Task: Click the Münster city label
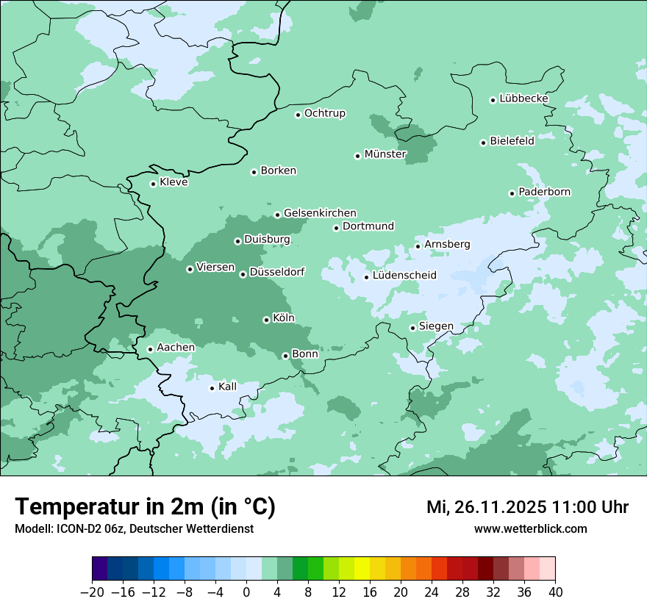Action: (385, 154)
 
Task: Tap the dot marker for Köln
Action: (266, 320)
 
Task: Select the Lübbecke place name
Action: (523, 98)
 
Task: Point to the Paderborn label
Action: (544, 192)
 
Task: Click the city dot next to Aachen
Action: (150, 349)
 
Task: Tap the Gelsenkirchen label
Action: (320, 213)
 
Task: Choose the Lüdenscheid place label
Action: (404, 276)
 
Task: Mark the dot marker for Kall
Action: (212, 388)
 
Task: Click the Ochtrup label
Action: (324, 113)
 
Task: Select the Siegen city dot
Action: (412, 328)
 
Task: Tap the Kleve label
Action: (174, 182)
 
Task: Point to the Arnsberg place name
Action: (447, 244)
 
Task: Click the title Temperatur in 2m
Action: (145, 507)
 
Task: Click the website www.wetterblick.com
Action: (530, 528)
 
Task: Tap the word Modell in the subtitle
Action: (32, 528)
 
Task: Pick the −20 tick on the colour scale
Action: (92, 592)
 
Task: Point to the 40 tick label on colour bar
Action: (555, 592)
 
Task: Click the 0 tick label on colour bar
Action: (246, 592)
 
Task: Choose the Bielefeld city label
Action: (512, 141)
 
